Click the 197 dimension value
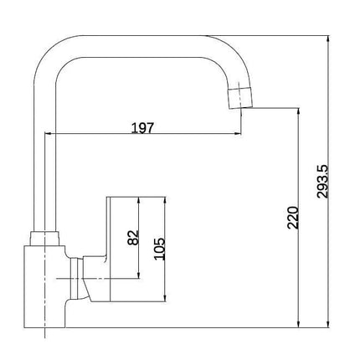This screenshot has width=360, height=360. pos(142,128)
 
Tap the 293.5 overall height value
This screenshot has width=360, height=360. pos(323,182)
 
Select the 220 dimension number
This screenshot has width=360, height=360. pos(293,218)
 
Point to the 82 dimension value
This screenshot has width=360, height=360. pos(133,238)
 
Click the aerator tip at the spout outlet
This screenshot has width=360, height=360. pos(240,98)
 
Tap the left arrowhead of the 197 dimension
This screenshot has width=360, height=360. pos(49,134)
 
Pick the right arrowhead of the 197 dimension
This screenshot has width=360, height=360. pos(237,134)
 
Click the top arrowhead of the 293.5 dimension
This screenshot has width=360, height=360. pos(329,39)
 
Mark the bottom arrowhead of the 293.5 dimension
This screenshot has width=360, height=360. pos(329,324)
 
